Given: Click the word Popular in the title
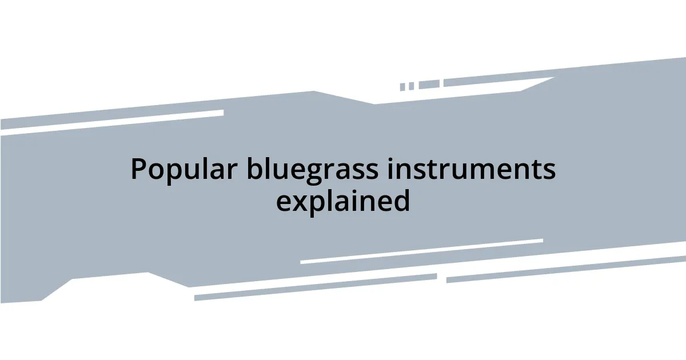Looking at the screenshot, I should (183, 170).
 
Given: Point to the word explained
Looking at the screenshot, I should (343, 201).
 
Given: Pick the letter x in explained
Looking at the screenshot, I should (297, 202).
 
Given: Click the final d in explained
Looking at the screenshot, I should (402, 200).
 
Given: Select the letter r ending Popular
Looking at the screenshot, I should (233, 171).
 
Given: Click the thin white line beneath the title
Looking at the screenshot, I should (421, 251).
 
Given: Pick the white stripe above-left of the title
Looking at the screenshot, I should (111, 121).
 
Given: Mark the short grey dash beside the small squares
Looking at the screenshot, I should (429, 85).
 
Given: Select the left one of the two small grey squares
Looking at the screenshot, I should (402, 87).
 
